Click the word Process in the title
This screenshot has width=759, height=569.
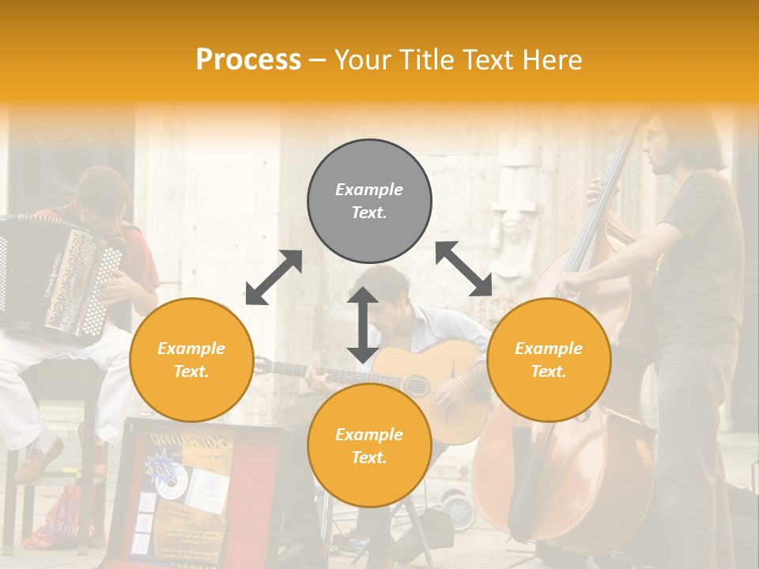(x=248, y=60)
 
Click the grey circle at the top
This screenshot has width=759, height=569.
(x=369, y=202)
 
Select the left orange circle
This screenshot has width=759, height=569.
(x=191, y=360)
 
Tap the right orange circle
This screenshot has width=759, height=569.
(x=549, y=360)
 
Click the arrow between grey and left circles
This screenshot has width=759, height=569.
(x=274, y=277)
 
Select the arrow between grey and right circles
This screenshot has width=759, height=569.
(x=463, y=269)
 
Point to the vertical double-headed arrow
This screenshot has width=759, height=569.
(x=363, y=325)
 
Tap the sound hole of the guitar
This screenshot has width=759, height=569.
(x=417, y=386)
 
